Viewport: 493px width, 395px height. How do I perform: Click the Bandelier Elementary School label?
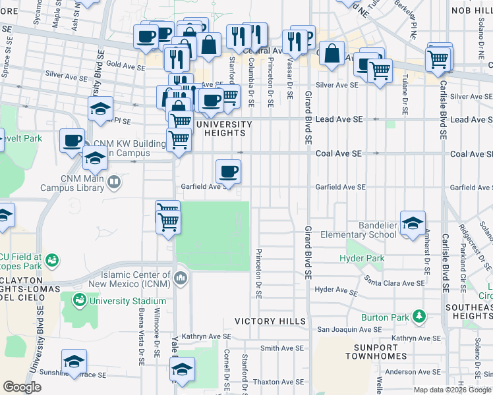point(359,230)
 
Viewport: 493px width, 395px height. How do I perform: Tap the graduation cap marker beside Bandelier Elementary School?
point(413,223)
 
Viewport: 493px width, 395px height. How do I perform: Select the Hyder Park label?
point(361,259)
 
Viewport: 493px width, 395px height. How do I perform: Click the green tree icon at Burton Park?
point(419,317)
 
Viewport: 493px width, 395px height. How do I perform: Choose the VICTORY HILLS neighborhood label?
point(270,321)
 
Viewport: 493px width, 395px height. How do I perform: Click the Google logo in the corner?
point(22,387)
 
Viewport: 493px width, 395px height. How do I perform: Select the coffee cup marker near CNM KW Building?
point(72,140)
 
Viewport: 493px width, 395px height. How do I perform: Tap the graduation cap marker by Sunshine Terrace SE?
point(74,361)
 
